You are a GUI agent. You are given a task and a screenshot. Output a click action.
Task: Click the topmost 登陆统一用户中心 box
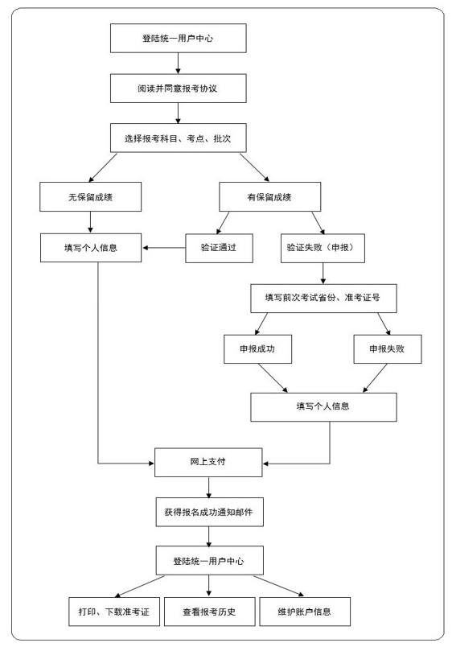(x=178, y=38)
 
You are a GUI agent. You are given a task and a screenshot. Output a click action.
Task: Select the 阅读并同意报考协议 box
(x=178, y=89)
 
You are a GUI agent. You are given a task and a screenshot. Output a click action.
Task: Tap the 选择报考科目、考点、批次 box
(x=178, y=138)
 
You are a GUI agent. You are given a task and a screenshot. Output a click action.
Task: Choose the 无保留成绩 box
(x=91, y=197)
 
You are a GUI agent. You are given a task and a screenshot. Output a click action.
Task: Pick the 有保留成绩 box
(x=269, y=197)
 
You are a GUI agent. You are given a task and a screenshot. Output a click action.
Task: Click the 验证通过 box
(x=219, y=248)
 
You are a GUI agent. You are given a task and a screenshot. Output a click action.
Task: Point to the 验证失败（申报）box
(x=323, y=248)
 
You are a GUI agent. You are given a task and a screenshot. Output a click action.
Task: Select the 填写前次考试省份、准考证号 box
(x=323, y=298)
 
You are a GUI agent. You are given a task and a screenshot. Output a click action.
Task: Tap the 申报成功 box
(x=257, y=348)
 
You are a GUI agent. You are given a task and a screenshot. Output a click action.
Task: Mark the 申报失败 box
(x=388, y=348)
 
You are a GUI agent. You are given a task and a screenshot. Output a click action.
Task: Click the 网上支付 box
(x=208, y=462)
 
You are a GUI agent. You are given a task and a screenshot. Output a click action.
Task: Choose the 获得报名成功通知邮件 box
(x=210, y=512)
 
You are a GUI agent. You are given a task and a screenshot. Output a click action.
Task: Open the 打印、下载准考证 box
(x=114, y=611)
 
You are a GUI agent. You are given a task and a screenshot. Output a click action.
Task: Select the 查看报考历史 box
(x=210, y=611)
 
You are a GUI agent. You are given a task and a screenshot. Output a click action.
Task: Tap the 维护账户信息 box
(x=305, y=611)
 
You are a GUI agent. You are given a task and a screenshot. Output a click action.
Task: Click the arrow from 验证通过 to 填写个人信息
(x=163, y=248)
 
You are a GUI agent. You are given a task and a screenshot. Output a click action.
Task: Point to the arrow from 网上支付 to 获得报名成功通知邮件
(x=209, y=488)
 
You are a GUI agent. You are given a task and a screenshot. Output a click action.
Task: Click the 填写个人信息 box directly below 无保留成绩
(x=91, y=248)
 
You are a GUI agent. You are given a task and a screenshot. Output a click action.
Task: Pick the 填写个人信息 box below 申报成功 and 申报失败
(x=323, y=407)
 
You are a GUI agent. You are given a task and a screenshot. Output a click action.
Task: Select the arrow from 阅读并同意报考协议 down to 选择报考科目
(x=178, y=113)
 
